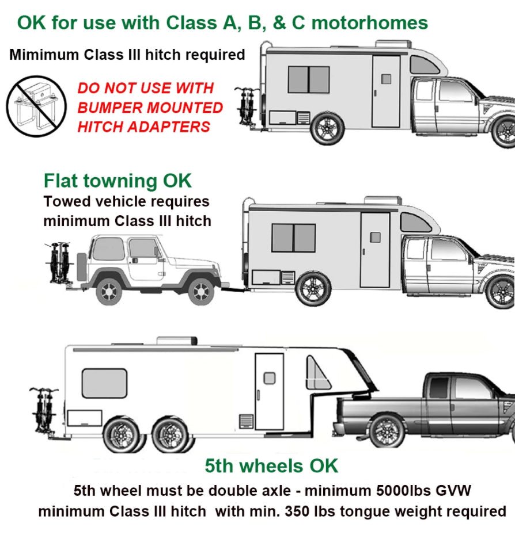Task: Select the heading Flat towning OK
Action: [x=118, y=181]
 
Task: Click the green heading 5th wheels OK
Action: [x=271, y=465]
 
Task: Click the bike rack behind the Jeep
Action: [x=60, y=263]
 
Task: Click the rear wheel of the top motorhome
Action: [x=327, y=128]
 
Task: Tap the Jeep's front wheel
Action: [x=200, y=291]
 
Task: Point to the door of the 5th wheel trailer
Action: [x=269, y=391]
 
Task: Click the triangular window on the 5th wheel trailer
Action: [x=317, y=374]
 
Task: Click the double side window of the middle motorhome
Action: [x=293, y=238]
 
